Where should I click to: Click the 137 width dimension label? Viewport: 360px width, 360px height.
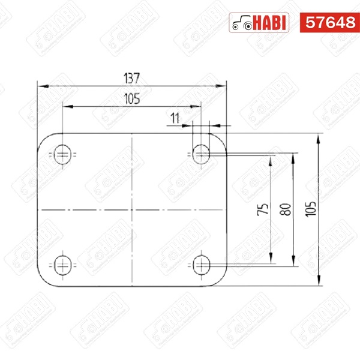[131, 78]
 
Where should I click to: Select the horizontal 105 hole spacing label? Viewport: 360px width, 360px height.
[132, 99]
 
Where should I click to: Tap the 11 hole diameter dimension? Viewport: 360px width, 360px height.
[175, 118]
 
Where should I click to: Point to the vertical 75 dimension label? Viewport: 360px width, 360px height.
[262, 209]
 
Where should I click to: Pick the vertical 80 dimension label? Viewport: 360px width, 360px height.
[286, 209]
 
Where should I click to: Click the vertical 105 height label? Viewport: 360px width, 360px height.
[310, 209]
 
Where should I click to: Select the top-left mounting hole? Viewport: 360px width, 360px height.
[62, 155]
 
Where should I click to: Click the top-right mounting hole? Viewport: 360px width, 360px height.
[201, 154]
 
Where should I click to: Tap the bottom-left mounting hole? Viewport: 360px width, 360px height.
[62, 265]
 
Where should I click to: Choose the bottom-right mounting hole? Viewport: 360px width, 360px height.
[202, 265]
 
